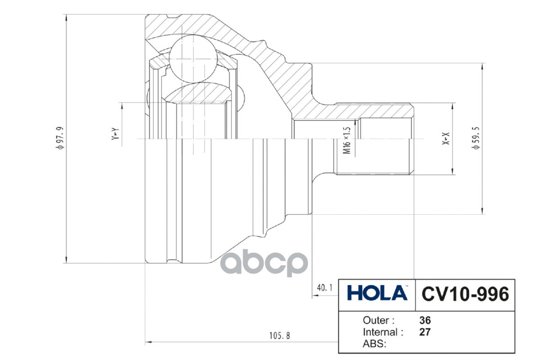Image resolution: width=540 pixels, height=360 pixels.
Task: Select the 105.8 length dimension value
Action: pos(279,336)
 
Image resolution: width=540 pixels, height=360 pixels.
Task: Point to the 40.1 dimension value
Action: pos(324,287)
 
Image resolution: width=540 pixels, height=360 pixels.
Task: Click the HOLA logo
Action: pos(377,294)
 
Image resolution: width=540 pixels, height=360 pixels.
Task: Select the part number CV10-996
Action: pos(465,294)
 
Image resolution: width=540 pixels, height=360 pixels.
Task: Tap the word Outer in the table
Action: pos(378,320)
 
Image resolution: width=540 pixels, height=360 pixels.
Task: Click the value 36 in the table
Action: pos(425,320)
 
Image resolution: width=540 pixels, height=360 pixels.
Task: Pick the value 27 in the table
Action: pos(425,333)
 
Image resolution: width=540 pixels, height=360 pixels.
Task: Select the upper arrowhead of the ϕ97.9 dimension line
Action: pos(67,18)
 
